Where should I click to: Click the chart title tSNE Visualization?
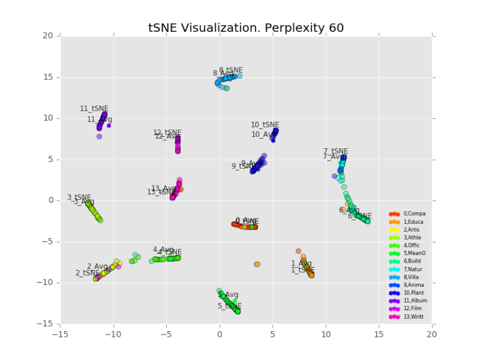click(246, 27)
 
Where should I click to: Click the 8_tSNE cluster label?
click(231, 70)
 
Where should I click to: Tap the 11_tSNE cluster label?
click(94, 109)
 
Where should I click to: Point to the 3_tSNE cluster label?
click(79, 197)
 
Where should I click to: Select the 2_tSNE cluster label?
click(87, 273)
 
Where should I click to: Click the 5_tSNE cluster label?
click(229, 306)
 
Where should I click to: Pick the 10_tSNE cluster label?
click(265, 125)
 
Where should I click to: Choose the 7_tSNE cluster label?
click(336, 151)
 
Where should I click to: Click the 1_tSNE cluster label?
click(303, 270)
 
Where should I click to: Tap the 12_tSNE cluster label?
click(167, 132)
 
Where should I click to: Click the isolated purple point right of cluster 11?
click(109, 126)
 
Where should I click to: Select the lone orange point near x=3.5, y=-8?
click(257, 264)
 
